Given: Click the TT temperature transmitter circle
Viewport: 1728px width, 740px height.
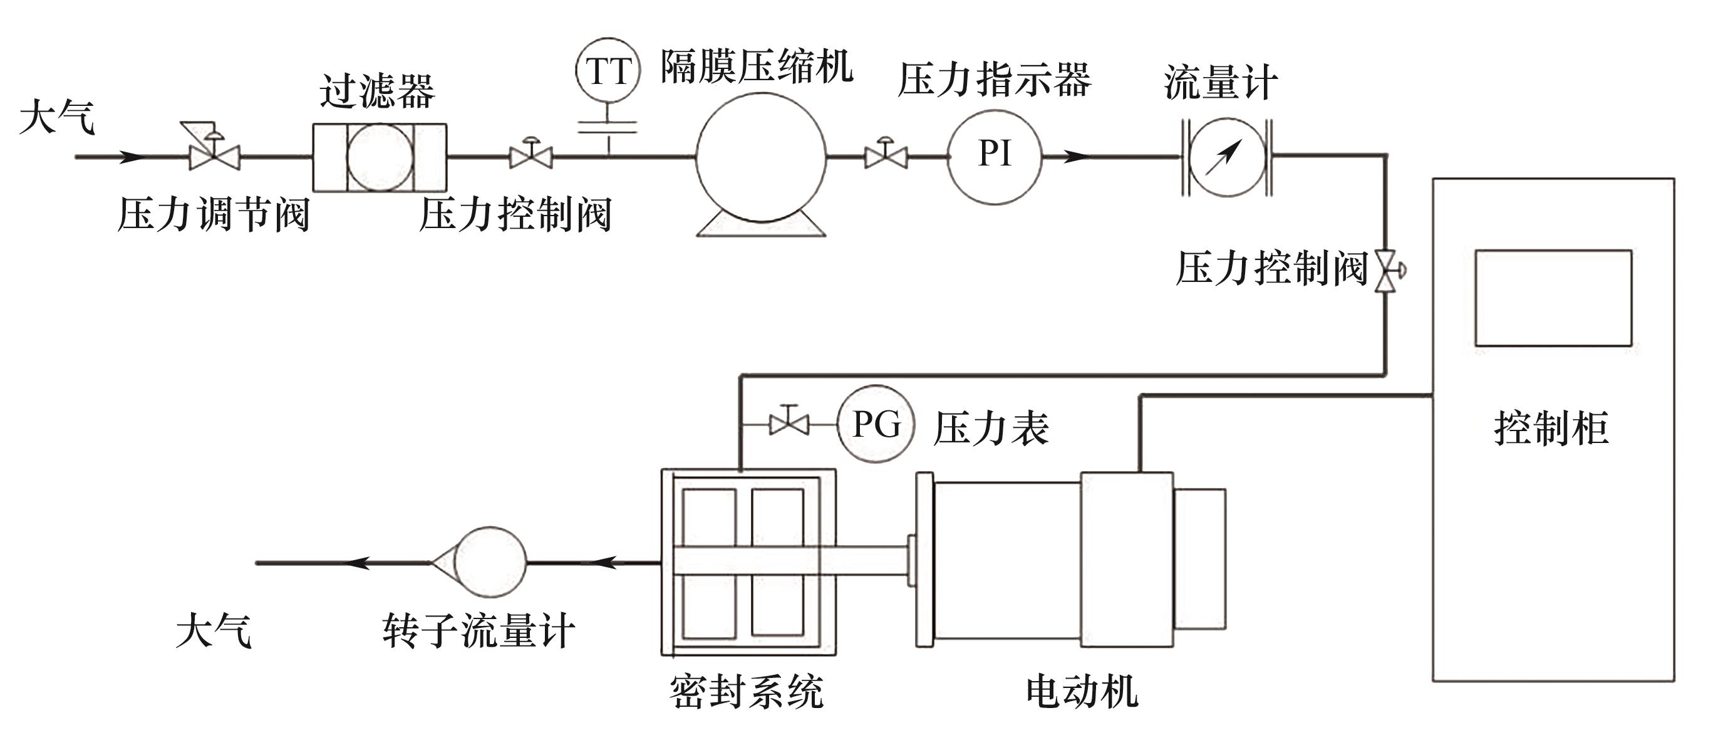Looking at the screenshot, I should (608, 70).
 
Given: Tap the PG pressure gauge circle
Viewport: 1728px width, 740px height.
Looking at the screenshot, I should (876, 424).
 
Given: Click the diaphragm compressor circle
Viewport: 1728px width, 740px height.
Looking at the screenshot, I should (761, 157).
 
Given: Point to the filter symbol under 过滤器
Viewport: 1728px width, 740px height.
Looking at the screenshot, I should (380, 157).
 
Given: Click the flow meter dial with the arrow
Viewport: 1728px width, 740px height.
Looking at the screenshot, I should (1227, 157).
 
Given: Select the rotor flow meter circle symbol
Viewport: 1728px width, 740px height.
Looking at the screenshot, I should (490, 562).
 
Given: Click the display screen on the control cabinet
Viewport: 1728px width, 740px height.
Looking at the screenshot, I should (1553, 298).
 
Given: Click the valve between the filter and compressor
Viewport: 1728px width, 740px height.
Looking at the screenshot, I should (531, 157).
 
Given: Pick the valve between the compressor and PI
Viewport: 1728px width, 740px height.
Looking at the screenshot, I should (886, 157).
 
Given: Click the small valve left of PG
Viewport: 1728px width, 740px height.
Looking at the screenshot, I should (789, 424).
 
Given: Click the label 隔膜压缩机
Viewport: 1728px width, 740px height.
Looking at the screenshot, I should (757, 67).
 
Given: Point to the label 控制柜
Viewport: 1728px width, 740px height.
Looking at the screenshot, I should (1551, 428).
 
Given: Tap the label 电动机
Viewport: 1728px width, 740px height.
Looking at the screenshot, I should (1082, 692).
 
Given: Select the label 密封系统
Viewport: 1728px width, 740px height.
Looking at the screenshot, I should (747, 692).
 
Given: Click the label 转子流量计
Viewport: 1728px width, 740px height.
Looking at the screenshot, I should (479, 632).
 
